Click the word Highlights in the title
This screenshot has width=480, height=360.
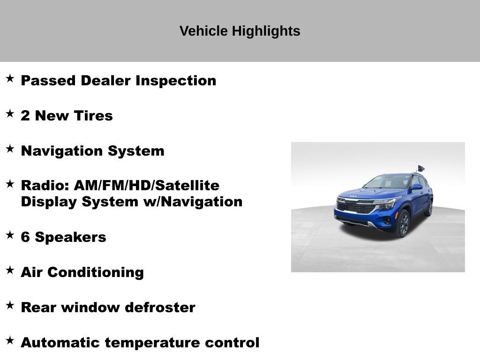click(x=266, y=31)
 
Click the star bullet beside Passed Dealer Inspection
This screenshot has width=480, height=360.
click(x=10, y=78)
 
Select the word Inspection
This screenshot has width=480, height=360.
click(x=176, y=81)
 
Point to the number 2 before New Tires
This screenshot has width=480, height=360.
click(x=25, y=116)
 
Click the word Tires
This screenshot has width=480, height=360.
click(x=93, y=116)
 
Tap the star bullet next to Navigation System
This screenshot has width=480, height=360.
click(x=10, y=149)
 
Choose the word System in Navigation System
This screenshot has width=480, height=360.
click(x=136, y=151)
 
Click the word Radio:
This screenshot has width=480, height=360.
click(x=45, y=186)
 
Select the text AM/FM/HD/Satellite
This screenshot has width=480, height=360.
click(x=147, y=186)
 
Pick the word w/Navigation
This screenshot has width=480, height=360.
click(x=193, y=202)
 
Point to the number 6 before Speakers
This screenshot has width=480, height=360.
click(x=25, y=237)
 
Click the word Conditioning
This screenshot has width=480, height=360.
click(x=96, y=272)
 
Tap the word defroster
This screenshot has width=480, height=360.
click(x=160, y=307)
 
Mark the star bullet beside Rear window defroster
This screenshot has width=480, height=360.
click(x=10, y=305)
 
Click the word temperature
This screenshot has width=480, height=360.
click(x=151, y=343)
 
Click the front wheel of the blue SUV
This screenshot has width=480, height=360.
click(x=403, y=223)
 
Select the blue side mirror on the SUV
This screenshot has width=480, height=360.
click(x=417, y=187)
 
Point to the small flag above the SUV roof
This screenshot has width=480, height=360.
click(x=421, y=168)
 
